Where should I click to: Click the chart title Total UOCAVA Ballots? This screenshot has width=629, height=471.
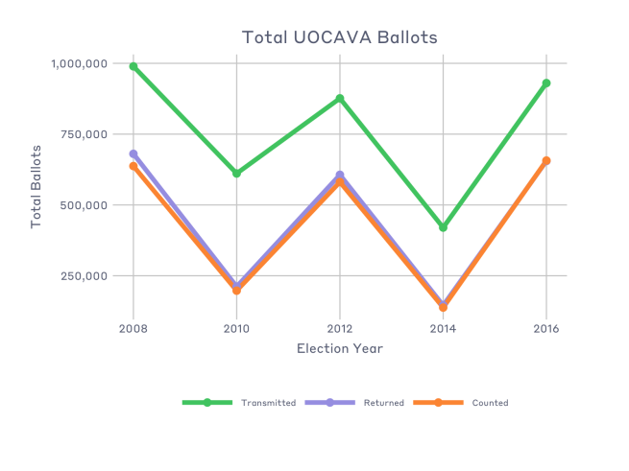point(339,37)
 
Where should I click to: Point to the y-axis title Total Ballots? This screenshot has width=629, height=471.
point(36,186)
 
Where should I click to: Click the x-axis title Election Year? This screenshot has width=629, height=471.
point(339,348)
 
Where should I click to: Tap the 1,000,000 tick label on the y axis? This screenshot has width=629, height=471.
point(80,63)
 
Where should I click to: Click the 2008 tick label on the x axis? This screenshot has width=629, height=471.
point(133,327)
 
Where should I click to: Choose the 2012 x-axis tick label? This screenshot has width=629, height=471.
point(339,327)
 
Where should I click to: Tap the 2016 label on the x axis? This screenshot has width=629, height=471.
point(545,327)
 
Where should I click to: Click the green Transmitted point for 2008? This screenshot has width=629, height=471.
point(133,66)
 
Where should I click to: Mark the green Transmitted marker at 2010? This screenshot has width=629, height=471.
point(236,174)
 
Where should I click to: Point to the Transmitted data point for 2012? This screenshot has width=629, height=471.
point(339,99)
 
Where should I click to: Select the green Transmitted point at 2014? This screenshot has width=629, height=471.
point(443,227)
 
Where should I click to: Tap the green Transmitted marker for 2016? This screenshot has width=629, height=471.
point(545,83)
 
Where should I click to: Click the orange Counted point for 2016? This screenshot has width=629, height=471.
point(545,161)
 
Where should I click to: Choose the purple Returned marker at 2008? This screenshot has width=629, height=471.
point(133,153)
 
